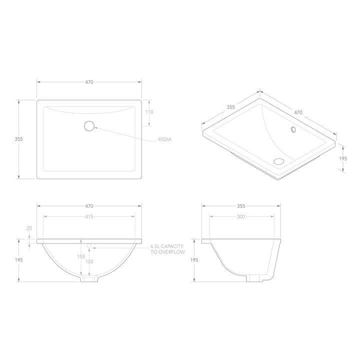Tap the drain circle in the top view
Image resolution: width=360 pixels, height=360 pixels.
tap(89, 126)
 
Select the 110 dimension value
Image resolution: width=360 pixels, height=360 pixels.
tap(149, 112)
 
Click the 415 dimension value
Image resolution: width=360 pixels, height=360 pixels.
tap(89, 216)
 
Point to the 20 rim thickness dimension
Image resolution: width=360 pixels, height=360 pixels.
tap(29, 228)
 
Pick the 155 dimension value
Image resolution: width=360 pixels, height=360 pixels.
tap(81, 257)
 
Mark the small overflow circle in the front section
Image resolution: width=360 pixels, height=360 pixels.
tap(89, 246)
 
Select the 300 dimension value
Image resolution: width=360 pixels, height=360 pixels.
tap(241, 216)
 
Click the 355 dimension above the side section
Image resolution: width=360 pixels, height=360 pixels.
tap(241, 205)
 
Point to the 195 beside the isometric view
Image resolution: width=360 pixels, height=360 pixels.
tap(342, 158)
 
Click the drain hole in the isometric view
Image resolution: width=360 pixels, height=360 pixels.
tap(278, 161)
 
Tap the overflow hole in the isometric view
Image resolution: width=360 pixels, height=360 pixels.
tap(293, 129)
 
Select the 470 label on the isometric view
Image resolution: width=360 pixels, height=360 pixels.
tap(298, 112)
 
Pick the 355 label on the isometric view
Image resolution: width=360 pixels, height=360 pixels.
tap(230, 106)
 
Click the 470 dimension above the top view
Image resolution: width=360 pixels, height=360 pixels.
tap(89, 81)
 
